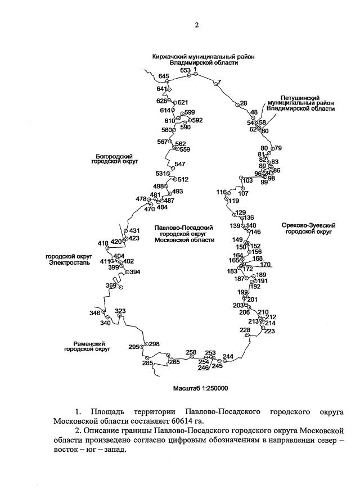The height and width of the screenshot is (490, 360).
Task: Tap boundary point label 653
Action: [x=186, y=70]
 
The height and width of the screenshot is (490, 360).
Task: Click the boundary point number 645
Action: [x=164, y=76]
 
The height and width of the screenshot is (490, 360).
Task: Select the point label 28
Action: [x=243, y=103]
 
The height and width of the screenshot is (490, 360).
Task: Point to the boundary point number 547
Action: [x=180, y=164]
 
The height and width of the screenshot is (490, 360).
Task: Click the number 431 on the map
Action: [x=134, y=230]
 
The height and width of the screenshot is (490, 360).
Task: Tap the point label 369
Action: [x=111, y=285]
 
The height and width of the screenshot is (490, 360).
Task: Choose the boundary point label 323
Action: [x=120, y=311]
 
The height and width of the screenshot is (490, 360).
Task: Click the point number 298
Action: [x=154, y=344]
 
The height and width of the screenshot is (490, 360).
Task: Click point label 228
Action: [x=245, y=330]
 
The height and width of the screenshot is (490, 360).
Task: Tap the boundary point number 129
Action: [x=241, y=212]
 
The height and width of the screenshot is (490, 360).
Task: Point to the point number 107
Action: [x=243, y=193]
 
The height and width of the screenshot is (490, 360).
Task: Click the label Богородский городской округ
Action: [x=114, y=158]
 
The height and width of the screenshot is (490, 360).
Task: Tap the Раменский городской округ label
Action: [x=85, y=346]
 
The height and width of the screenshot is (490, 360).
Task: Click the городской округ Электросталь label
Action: [x=67, y=258]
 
